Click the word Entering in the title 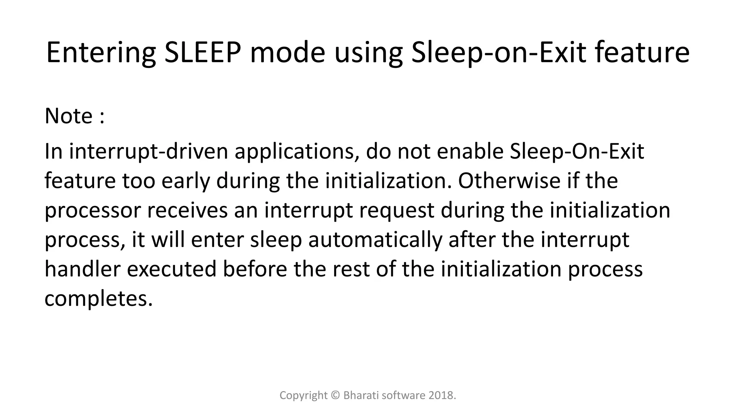pyautogui.click(x=101, y=53)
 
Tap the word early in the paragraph pyautogui.click(x=185, y=181)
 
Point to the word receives pyautogui.click(x=187, y=210)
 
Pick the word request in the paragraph pyautogui.click(x=396, y=211)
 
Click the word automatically pyautogui.click(x=375, y=240)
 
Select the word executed pyautogui.click(x=171, y=269)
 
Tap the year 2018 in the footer pyautogui.click(x=441, y=395)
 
